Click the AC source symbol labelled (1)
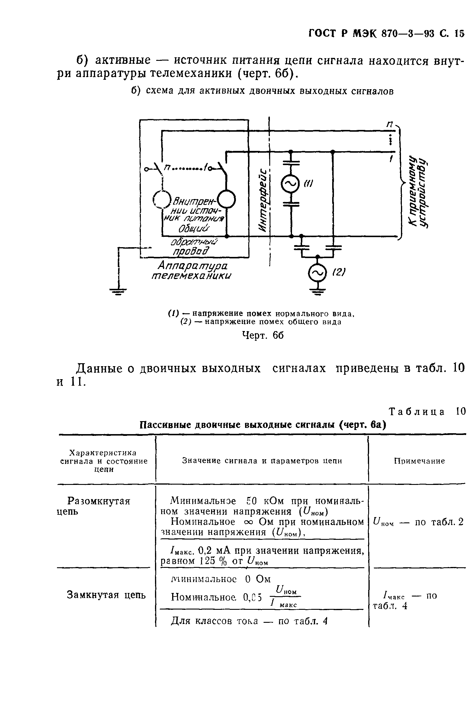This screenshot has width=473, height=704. [291, 184]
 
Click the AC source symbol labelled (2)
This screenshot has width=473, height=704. [317, 272]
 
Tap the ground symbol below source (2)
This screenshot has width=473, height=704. [317, 291]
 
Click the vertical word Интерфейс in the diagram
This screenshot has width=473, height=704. [263, 200]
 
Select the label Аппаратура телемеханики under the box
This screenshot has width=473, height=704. [192, 270]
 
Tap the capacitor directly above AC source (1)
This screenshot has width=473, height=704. [291, 163]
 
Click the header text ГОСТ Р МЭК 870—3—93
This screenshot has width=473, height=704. [371, 33]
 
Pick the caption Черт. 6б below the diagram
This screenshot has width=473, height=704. [263, 335]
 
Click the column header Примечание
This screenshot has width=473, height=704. [419, 461]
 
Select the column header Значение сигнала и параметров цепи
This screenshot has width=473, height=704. [262, 461]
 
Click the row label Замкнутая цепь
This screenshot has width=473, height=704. [106, 595]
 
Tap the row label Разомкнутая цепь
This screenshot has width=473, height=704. [98, 506]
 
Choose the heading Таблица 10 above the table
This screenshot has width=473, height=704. [427, 411]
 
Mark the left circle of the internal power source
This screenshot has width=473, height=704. [162, 200]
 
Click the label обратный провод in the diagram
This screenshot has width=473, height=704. [193, 247]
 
